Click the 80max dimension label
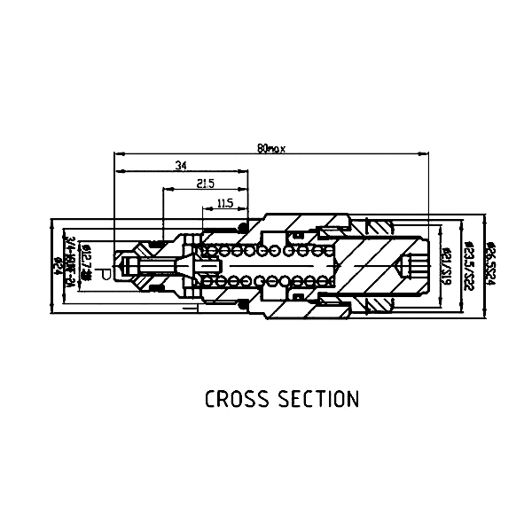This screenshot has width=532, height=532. (x=270, y=148)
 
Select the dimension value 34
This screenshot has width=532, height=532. (x=181, y=166)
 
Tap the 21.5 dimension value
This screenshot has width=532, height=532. (x=206, y=184)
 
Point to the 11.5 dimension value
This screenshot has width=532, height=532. (x=224, y=203)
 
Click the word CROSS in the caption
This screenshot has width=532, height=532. (x=235, y=399)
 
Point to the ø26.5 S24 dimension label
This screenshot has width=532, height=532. (x=487, y=262)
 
